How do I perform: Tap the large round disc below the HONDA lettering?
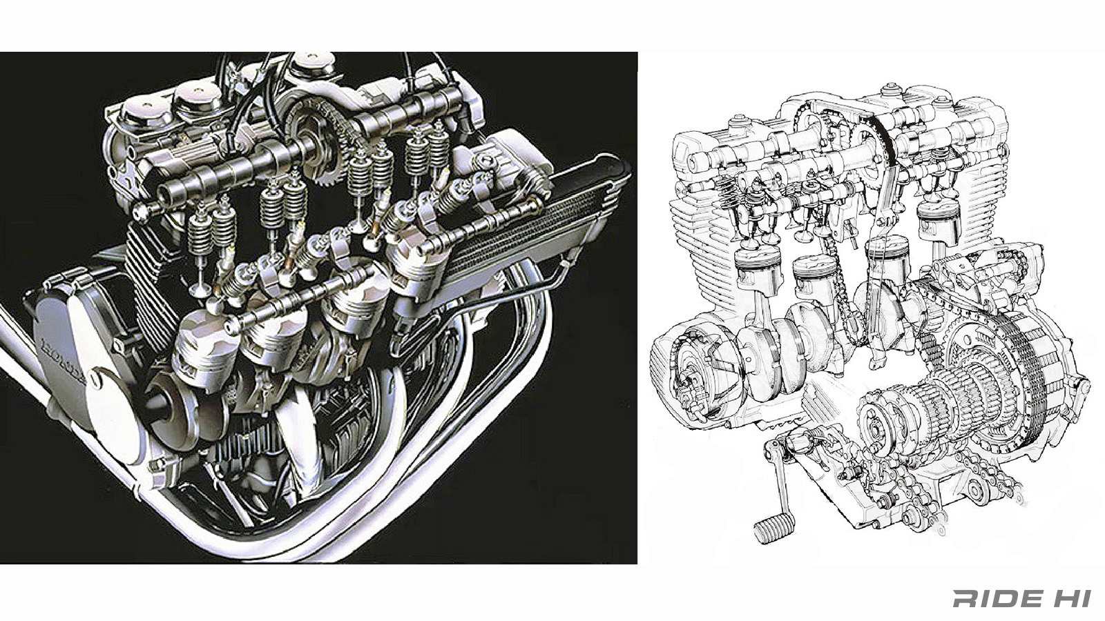114,414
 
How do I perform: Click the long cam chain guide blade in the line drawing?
880,228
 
